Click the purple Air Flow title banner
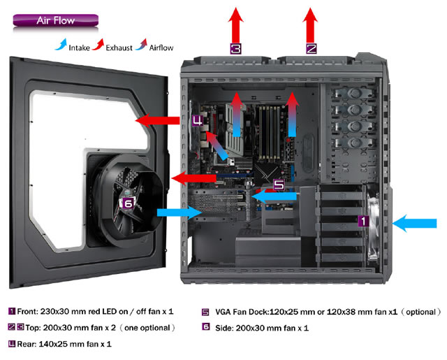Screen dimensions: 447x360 (x=56, y=20)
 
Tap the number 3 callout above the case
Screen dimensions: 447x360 (x=235, y=48)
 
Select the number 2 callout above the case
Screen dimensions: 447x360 (x=312, y=48)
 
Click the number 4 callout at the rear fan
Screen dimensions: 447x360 (x=197, y=120)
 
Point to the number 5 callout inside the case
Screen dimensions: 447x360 (x=279, y=185)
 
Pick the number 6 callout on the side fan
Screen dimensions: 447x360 (x=129, y=203)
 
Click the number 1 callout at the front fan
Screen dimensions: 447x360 (x=363, y=221)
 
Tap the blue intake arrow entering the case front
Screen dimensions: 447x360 (x=414, y=223)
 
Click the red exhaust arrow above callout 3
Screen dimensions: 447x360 (x=236, y=25)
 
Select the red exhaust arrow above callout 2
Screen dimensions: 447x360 (x=310, y=25)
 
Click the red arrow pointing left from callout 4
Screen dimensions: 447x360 (x=157, y=120)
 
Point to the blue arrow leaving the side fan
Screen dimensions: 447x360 (x=179, y=213)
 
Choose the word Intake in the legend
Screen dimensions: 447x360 (x=79, y=48)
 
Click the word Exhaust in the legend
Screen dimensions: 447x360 (x=119, y=48)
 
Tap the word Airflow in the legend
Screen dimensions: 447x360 (x=161, y=48)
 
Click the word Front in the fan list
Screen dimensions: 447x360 (x=27, y=311)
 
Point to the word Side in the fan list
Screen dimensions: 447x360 (x=223, y=328)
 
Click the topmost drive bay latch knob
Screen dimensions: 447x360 (x=355, y=93)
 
